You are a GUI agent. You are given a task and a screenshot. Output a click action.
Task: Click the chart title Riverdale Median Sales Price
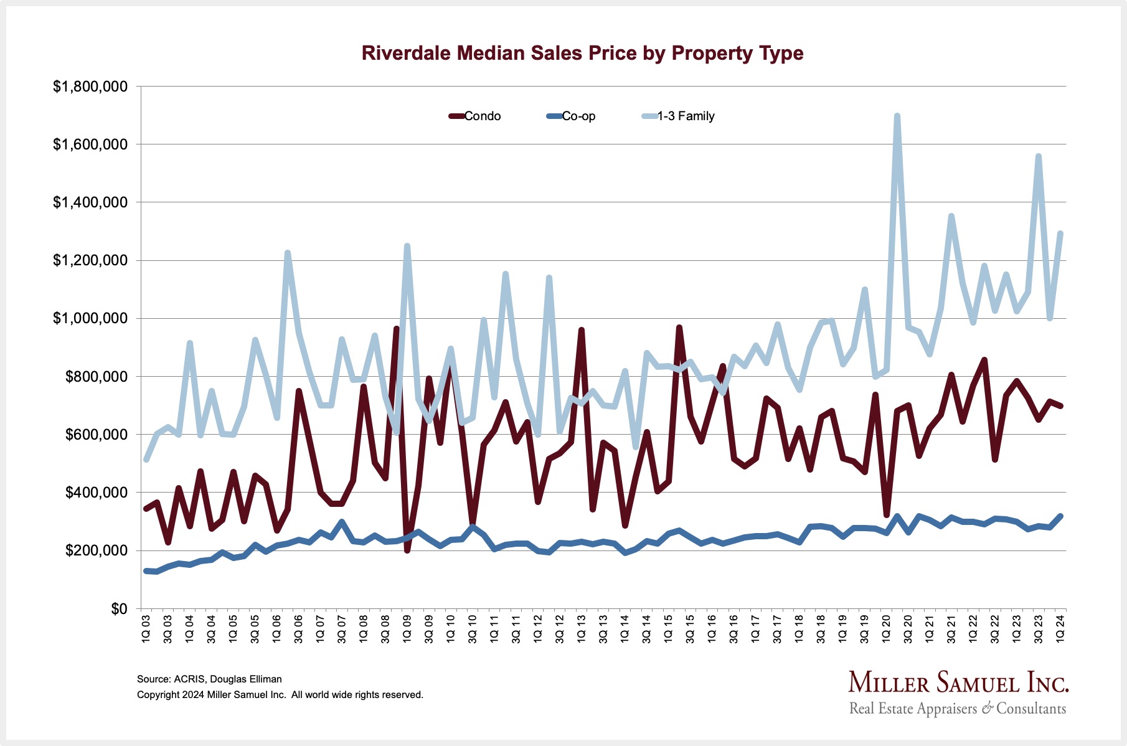pyautogui.click(x=582, y=53)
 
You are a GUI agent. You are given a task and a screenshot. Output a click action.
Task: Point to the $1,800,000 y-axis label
pyautogui.click(x=90, y=87)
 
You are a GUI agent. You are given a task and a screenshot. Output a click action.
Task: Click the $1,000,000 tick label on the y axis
pyautogui.click(x=90, y=318)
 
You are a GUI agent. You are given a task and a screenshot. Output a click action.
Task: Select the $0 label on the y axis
pyautogui.click(x=119, y=608)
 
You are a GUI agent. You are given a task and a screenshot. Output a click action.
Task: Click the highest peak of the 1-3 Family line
pyautogui.click(x=897, y=116)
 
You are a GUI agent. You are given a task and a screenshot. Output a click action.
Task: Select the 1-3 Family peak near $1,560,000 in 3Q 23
pyautogui.click(x=1038, y=156)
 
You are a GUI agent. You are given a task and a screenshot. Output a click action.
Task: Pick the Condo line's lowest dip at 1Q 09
pyautogui.click(x=407, y=550)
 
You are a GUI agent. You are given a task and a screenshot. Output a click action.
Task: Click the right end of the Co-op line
pyautogui.click(x=1060, y=516)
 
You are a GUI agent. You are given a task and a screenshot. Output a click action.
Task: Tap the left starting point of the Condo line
pyautogui.click(x=146, y=509)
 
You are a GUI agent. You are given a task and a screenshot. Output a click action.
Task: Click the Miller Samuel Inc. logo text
pyautogui.click(x=958, y=683)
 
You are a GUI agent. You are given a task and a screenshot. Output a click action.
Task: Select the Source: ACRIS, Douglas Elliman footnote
pyautogui.click(x=209, y=679)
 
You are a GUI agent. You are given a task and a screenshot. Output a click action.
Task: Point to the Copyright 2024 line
pyautogui.click(x=280, y=695)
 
